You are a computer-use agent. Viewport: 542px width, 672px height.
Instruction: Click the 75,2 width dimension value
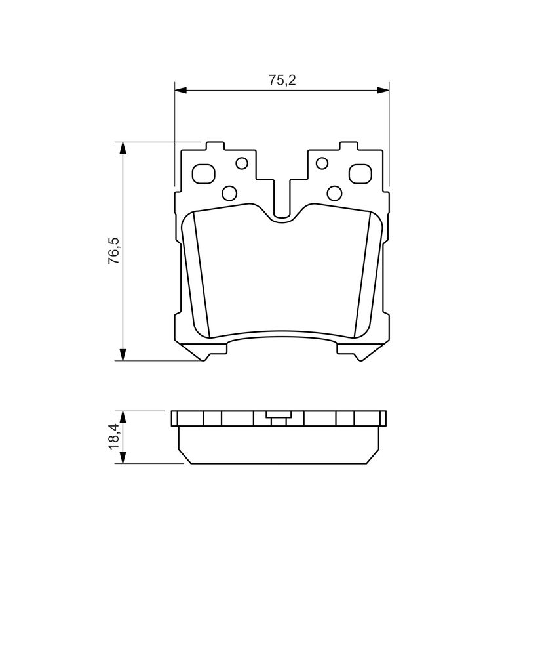(x=282, y=81)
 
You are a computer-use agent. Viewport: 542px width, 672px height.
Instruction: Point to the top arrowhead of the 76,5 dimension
(x=122, y=146)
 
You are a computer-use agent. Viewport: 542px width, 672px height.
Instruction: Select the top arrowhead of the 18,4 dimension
(x=123, y=415)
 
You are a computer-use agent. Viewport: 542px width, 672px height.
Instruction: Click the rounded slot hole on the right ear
(x=360, y=174)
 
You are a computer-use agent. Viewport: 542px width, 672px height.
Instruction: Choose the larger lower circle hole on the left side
(x=229, y=193)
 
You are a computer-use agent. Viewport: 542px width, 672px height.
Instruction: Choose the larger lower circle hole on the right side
(x=334, y=193)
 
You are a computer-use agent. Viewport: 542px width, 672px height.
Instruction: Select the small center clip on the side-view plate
(x=279, y=417)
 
